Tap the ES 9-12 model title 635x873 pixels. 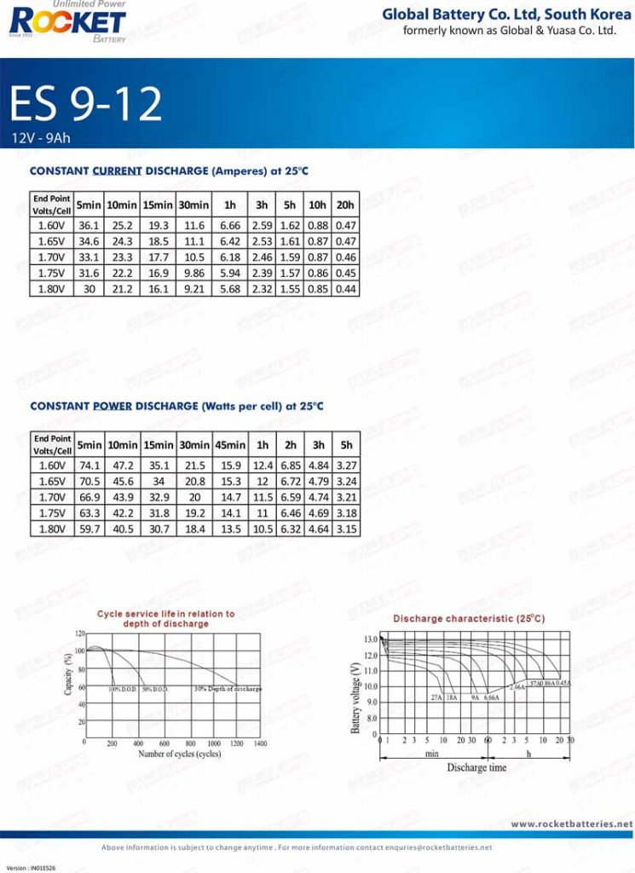(x=85, y=104)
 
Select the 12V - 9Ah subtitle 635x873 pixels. (x=42, y=137)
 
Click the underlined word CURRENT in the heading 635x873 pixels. (x=117, y=171)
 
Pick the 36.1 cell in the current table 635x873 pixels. (x=89, y=225)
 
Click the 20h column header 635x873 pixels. (x=345, y=205)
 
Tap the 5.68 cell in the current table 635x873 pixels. (x=230, y=289)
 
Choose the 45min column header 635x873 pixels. (x=230, y=445)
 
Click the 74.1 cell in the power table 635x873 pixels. (x=89, y=465)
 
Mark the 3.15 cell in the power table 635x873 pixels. (x=346, y=529)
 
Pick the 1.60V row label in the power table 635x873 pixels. (x=52, y=465)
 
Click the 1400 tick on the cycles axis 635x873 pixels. (x=260, y=744)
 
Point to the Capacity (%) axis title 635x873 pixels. (x=69, y=674)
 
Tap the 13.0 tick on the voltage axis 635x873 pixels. (x=370, y=639)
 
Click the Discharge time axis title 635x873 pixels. (x=476, y=767)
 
